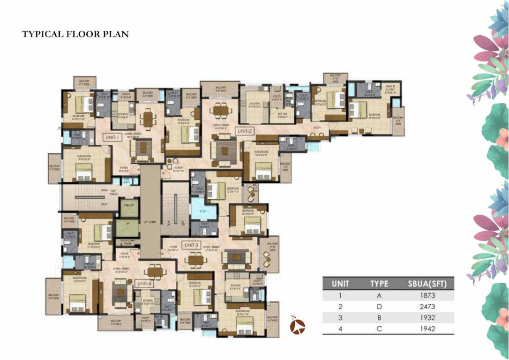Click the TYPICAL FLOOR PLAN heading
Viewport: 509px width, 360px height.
(x=75, y=34)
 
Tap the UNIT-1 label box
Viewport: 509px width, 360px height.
(x=114, y=137)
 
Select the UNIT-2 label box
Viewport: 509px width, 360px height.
(x=245, y=131)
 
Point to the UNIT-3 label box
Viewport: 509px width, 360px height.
(x=192, y=245)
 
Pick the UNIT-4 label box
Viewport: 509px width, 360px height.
(x=143, y=284)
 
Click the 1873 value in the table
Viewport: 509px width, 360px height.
(x=428, y=295)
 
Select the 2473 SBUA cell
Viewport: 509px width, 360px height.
(x=428, y=307)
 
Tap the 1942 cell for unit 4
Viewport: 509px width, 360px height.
(x=428, y=329)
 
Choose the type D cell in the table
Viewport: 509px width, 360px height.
(x=379, y=307)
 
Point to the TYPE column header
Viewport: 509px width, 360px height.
(x=379, y=284)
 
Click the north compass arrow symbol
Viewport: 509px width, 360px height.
(x=298, y=325)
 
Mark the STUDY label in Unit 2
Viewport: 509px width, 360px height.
(x=317, y=127)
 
